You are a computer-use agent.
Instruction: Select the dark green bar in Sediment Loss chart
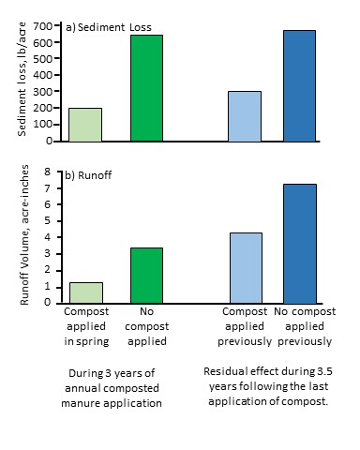146,88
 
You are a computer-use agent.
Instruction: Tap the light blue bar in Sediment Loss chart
245,116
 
